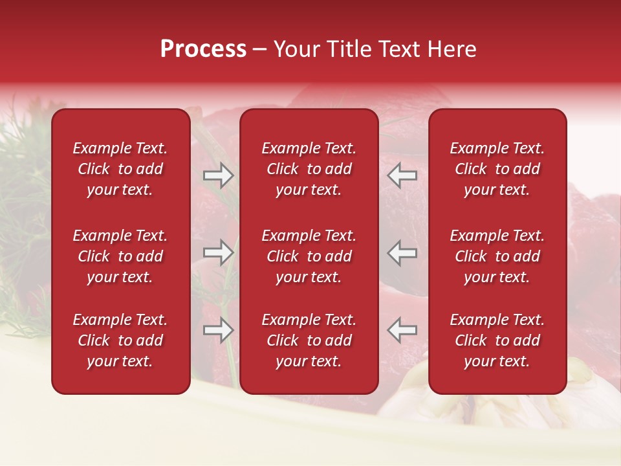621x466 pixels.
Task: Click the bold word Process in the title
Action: [203, 49]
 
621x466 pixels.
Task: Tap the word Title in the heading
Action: [349, 49]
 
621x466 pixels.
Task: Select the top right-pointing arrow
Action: [218, 175]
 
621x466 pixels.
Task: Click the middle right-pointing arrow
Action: [218, 252]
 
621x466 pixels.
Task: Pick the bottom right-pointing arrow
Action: [218, 330]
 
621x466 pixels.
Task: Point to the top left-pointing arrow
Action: [402, 175]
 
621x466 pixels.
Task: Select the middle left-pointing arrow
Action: [402, 252]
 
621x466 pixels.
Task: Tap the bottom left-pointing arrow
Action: [402, 330]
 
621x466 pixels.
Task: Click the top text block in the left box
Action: [120, 169]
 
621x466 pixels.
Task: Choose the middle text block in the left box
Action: [120, 256]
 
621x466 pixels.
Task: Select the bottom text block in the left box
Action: [120, 340]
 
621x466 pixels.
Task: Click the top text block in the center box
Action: [309, 169]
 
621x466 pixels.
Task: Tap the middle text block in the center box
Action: [309, 256]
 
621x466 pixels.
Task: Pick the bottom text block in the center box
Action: [309, 340]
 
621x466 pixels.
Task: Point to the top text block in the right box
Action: [497, 169]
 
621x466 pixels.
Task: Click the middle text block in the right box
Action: [497, 256]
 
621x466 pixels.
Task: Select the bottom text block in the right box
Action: [497, 340]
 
